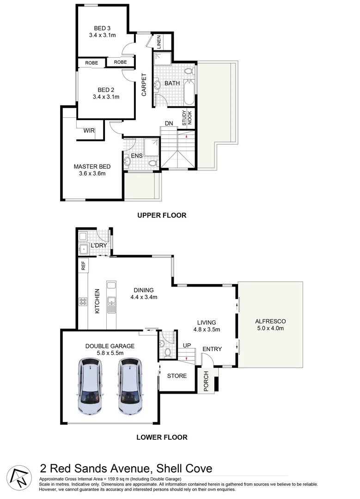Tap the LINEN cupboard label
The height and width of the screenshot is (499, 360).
point(159,42)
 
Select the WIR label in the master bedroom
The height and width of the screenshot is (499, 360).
point(89,131)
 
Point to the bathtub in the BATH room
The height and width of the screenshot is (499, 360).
point(189,92)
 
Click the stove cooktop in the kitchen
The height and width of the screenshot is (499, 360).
point(84,302)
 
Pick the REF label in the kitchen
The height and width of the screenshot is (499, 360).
point(84,266)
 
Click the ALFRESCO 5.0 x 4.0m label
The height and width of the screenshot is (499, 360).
point(271,325)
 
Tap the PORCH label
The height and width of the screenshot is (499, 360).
point(206,380)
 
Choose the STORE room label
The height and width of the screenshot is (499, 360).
point(177,376)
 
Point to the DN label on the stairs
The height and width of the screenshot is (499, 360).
point(169,123)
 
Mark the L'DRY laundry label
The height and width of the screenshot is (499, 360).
point(98,245)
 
